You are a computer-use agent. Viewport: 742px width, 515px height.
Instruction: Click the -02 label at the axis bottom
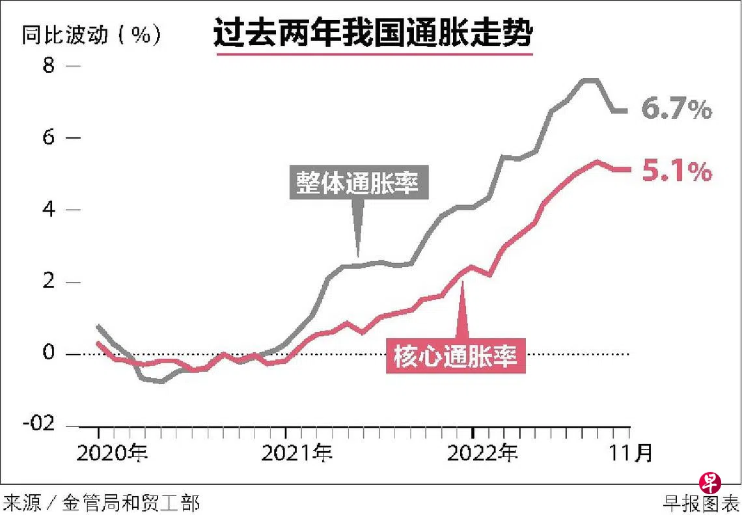click(x=41, y=423)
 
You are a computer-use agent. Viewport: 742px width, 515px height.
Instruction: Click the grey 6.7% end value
click(x=677, y=110)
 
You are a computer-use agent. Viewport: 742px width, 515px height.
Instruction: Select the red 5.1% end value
click(x=677, y=172)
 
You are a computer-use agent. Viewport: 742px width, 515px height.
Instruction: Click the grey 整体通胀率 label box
click(x=359, y=184)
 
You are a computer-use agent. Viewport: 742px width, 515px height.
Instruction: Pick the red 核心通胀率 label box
click(x=456, y=356)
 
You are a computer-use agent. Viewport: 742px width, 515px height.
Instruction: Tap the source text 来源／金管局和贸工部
click(x=101, y=503)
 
